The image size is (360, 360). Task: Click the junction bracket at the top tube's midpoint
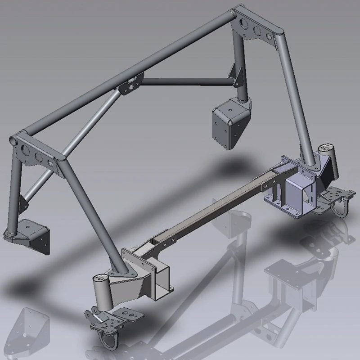click(130, 84)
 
